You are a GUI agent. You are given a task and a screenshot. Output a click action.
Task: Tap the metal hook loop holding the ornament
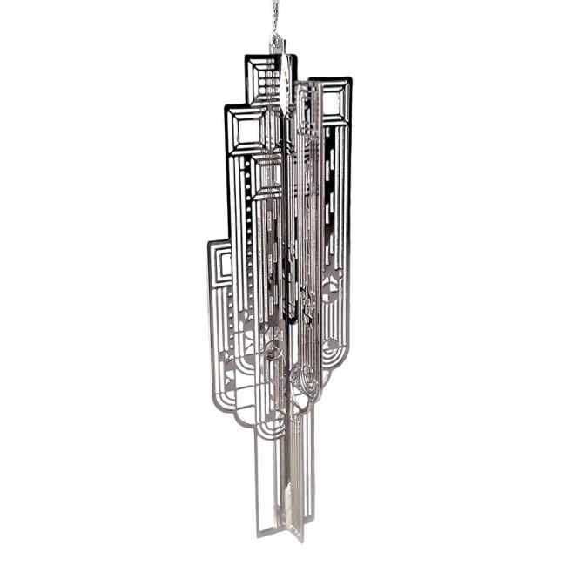coord(277,41)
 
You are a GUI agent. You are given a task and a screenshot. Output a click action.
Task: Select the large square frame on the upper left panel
coord(246,131)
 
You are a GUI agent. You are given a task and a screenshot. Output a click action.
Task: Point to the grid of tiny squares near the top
coord(270,83)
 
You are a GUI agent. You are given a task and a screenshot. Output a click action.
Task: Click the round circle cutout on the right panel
coord(332,292)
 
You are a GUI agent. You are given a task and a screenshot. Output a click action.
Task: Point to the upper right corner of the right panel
coord(350,80)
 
